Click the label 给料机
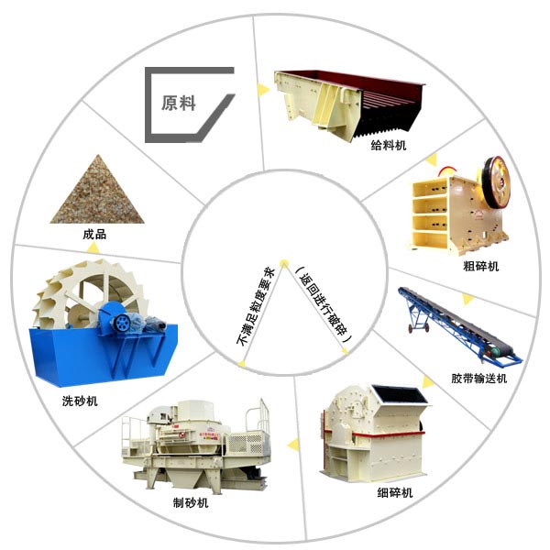[x=388, y=146]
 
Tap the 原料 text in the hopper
[x=179, y=103]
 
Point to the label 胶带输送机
[x=478, y=379]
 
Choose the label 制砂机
[x=191, y=503]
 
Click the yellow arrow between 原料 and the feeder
[x=264, y=89]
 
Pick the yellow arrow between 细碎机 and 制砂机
[x=292, y=445]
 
